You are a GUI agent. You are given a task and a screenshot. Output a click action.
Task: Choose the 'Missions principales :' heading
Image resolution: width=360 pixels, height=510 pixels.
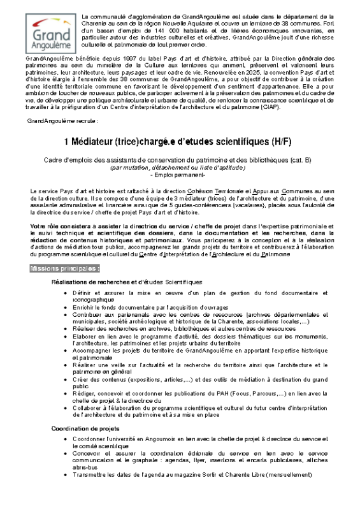(x=65, y=268)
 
